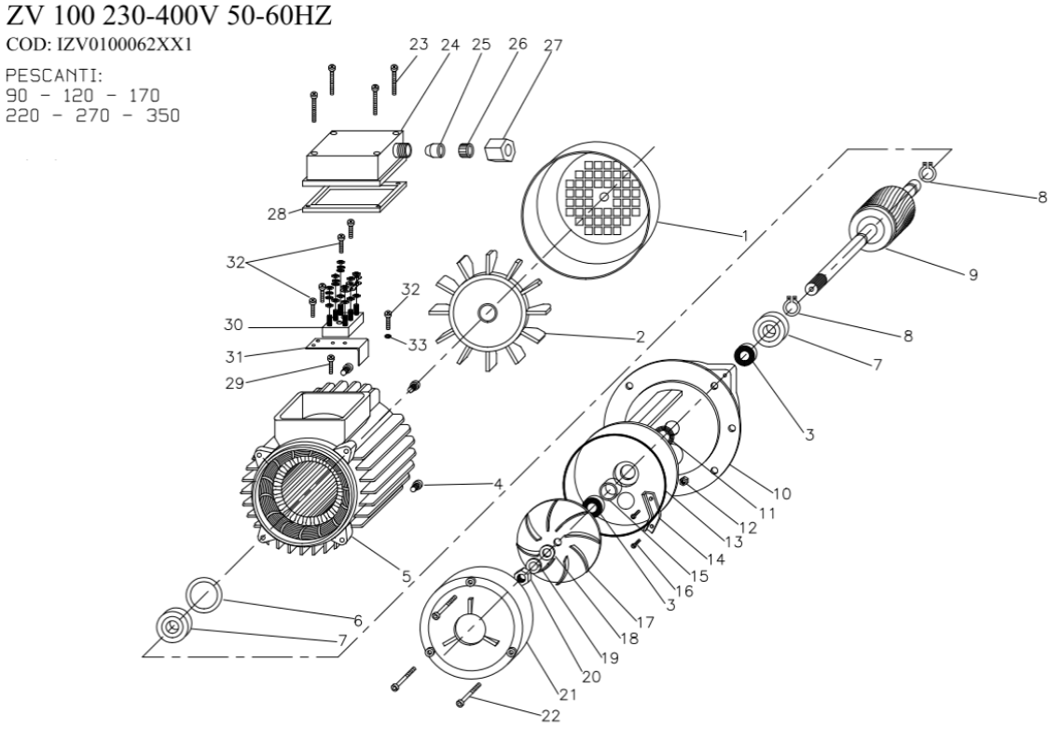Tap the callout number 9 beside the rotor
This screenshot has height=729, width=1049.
(973, 275)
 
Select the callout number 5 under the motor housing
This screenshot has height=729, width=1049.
(407, 576)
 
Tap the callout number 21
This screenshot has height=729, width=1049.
(568, 694)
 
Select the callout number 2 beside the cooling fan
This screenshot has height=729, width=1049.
(640, 337)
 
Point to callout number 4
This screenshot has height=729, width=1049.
(499, 484)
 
